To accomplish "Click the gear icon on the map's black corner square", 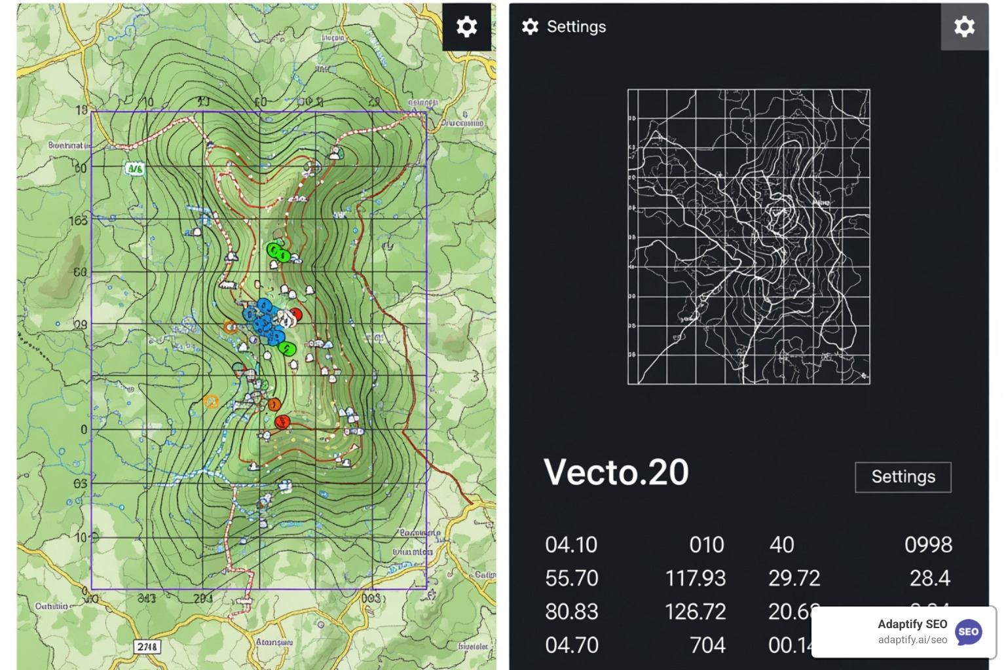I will (466, 27).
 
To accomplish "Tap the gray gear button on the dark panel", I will (964, 27).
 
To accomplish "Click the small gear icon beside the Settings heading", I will (530, 27).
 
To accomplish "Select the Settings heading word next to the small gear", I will (576, 27).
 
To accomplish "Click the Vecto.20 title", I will (616, 472).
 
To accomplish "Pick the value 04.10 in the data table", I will (571, 544).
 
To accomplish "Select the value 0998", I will (928, 544).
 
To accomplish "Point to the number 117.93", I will (696, 578).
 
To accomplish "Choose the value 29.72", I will (794, 578).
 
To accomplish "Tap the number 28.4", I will (929, 578).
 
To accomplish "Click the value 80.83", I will (571, 612).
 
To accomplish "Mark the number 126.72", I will (696, 612).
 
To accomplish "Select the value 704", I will (707, 646).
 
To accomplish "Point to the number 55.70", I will (571, 578).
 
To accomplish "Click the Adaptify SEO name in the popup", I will (912, 624).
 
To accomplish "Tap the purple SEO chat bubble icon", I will (968, 632).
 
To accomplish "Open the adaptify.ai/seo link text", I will (912, 640).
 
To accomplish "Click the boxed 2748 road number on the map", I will (147, 646).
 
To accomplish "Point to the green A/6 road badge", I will (135, 169).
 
